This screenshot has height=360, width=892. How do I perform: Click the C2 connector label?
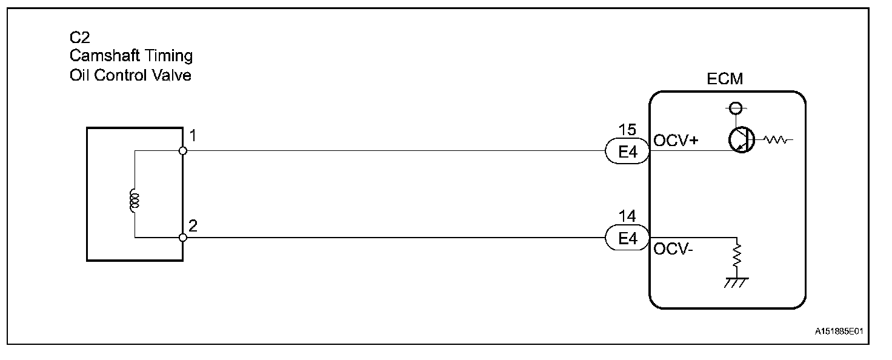point(79,38)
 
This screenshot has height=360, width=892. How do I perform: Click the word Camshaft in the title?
point(103,57)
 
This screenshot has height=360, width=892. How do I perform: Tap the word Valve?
point(174,76)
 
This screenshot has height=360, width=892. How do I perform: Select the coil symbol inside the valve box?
point(133,201)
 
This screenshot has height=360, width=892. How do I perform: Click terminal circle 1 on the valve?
point(183,150)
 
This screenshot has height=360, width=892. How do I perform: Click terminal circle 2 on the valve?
point(183,238)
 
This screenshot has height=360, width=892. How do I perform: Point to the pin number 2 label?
point(193,226)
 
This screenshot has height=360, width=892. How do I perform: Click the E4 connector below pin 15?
point(627,152)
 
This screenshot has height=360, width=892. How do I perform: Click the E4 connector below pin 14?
point(627,238)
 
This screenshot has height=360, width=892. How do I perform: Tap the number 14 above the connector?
point(627,216)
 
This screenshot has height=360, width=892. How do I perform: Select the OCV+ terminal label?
point(675,141)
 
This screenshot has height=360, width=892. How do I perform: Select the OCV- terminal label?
point(671,248)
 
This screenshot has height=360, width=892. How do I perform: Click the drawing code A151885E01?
point(838,332)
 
